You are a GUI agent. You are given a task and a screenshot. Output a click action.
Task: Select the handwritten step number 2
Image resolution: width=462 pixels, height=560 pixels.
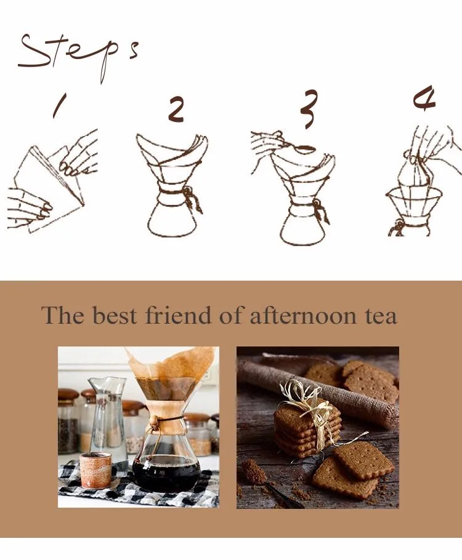coord(176,110)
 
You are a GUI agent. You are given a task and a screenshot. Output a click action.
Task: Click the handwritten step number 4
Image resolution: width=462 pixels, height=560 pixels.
coord(425,99)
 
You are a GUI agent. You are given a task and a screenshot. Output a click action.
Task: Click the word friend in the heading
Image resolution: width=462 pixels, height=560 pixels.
coord(178,315)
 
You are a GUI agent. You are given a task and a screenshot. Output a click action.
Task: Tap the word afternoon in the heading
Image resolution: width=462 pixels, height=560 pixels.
coord(303,316)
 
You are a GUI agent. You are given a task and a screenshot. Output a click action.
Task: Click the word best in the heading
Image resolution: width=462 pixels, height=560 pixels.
coord(115,315)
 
